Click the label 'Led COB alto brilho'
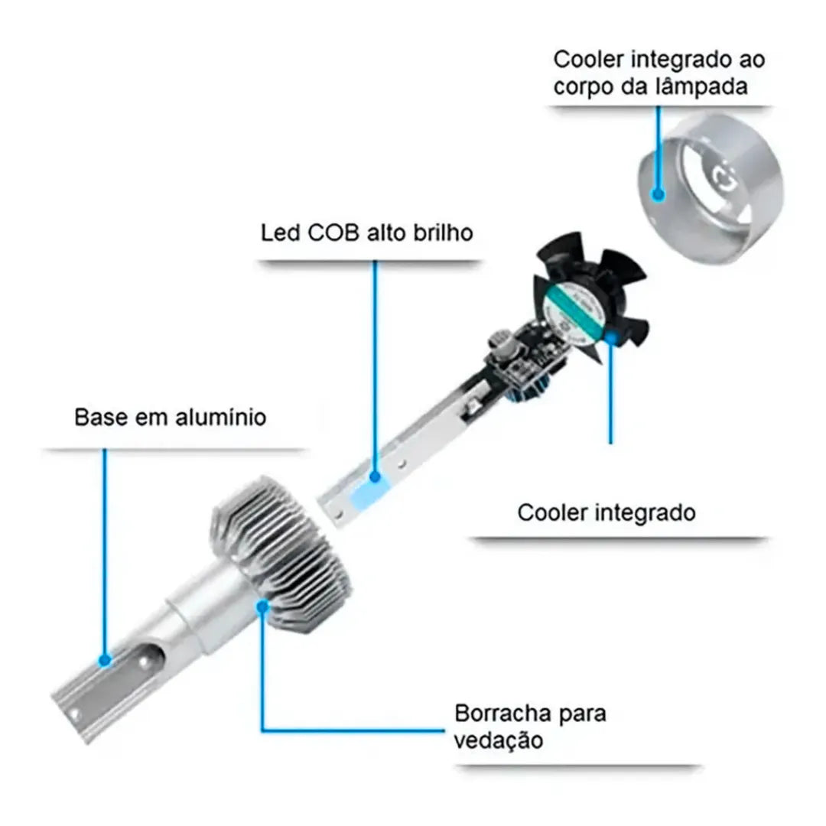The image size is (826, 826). tap(367, 233)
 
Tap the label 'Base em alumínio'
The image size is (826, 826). tap(170, 418)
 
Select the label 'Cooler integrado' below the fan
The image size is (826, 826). tap(606, 512)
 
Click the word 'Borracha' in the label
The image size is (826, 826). tap(503, 714)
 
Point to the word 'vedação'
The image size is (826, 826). tap(499, 740)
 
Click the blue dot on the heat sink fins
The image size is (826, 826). tap(263, 606)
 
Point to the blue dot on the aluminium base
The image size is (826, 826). tap(105, 659)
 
